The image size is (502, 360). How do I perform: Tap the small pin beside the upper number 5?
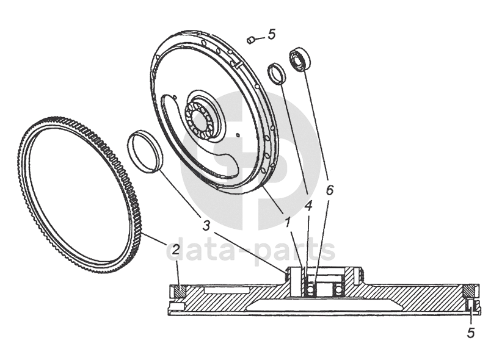(250, 40)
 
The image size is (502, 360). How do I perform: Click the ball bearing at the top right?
(300, 59)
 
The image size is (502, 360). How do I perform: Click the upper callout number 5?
(271, 34)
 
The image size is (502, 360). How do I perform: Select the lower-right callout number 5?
(470, 333)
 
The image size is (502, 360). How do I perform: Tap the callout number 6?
(330, 190)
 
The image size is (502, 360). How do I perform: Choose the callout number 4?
(308, 206)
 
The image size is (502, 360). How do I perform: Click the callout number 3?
(207, 225)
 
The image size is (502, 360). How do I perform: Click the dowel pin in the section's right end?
(471, 304)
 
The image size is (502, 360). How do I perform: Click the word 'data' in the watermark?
(206, 250)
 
